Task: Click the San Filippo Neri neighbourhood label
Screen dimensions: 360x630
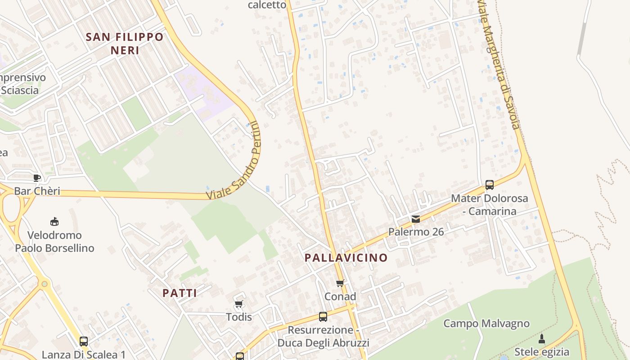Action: pos(124,43)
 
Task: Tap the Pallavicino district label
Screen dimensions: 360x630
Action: pos(346,258)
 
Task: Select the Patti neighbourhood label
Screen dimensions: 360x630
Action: pos(180,293)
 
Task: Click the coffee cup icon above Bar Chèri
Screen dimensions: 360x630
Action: pos(37,178)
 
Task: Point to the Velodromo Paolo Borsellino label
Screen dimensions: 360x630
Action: pos(54,242)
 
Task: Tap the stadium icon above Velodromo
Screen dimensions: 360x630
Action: pos(54,221)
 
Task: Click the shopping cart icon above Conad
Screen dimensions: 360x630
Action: pos(340,283)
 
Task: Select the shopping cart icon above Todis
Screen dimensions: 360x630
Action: pos(239,304)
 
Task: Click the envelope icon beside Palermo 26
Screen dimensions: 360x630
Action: pos(416,219)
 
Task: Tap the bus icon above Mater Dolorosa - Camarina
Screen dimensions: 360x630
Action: pos(490,184)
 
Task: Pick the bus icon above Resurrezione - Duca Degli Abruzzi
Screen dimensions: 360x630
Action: pos(323,316)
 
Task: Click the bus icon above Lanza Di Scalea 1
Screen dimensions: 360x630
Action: pos(84,341)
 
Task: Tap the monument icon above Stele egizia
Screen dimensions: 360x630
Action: pos(542,338)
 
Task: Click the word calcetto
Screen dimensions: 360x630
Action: pos(267,5)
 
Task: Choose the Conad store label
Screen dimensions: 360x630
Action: pos(340,297)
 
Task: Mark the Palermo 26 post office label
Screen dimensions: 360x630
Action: pos(416,232)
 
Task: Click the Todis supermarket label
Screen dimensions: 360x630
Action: pos(239,317)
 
